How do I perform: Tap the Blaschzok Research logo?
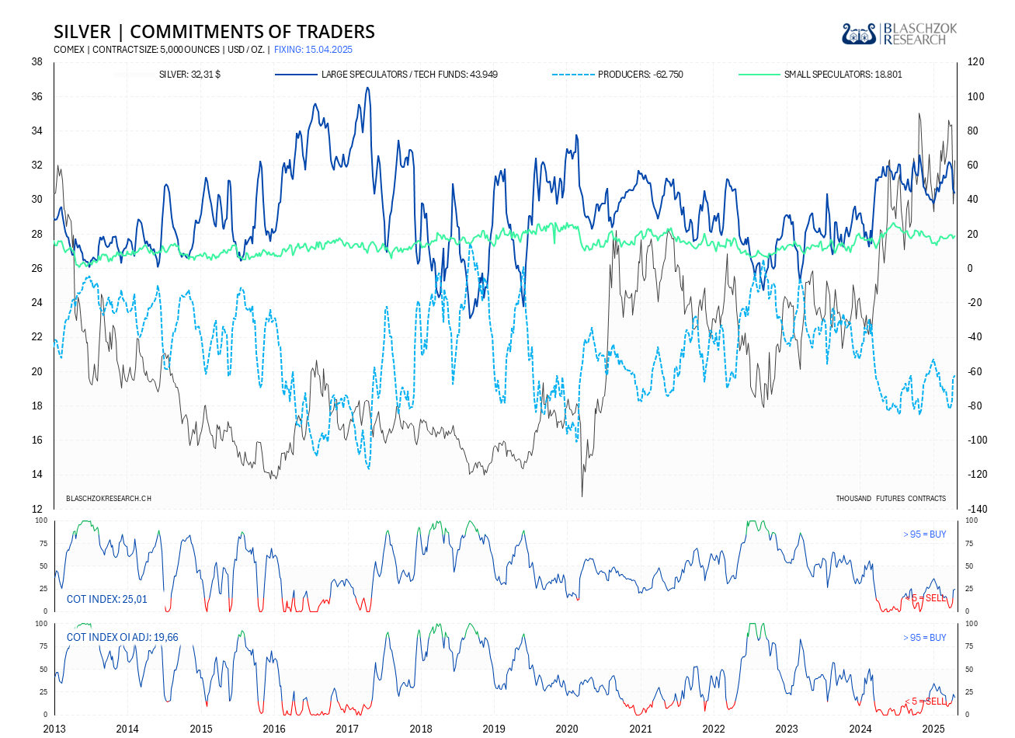(x=899, y=33)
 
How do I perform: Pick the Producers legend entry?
(x=640, y=75)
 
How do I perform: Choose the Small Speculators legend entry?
(x=843, y=75)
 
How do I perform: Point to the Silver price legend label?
(x=189, y=75)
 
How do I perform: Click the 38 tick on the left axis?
(x=36, y=62)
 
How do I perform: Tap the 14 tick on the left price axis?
(x=36, y=475)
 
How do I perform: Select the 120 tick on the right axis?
(x=975, y=62)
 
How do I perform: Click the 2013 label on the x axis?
(x=54, y=729)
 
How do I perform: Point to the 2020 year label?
(x=567, y=729)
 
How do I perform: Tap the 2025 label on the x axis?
(x=933, y=729)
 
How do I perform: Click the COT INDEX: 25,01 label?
(x=106, y=599)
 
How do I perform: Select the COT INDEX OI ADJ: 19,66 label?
(x=122, y=637)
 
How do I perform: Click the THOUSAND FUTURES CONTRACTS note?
(x=891, y=498)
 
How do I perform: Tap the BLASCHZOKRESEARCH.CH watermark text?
(x=109, y=498)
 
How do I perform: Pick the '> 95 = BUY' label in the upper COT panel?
(x=924, y=534)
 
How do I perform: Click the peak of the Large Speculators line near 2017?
(x=367, y=87)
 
